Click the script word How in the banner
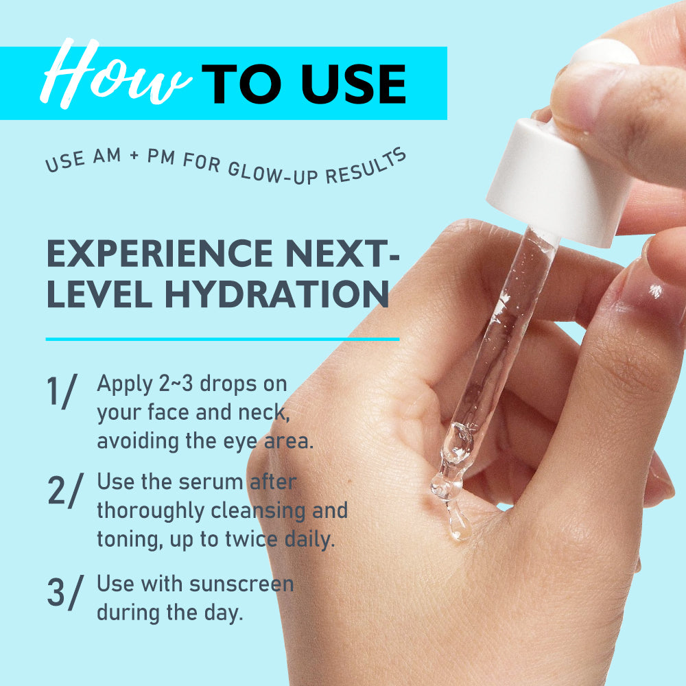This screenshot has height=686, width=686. tap(116, 73)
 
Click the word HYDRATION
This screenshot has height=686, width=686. tap(277, 294)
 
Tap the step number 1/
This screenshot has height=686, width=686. tap(62, 392)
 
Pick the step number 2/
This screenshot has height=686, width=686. tap(65, 490)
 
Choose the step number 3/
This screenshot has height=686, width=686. tap(64, 592)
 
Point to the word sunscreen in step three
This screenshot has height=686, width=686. tap(241, 584)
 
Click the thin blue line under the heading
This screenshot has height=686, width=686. tap(222, 339)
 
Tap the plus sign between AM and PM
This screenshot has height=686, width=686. tap(134, 155)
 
